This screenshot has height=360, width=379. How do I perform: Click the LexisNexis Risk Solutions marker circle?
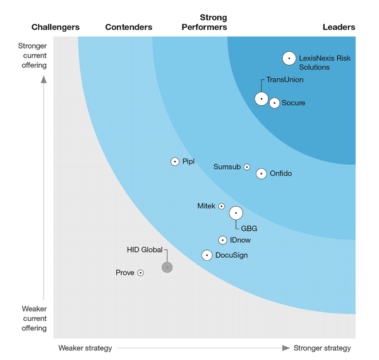coord(289,58)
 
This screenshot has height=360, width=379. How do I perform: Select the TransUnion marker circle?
coord(262,99)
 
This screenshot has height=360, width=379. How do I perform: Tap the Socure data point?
coord(274,103)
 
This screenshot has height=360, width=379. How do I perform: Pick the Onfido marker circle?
coord(262,174)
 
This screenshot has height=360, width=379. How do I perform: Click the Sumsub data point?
coord(247,167)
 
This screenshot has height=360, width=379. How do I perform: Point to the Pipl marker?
coord(175,162)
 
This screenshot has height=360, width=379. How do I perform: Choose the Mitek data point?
coord(221,207)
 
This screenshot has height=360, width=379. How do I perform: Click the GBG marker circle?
coord(236,213)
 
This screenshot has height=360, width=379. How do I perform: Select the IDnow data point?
coord(222,240)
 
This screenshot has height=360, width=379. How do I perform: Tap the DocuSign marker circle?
coord(207,255)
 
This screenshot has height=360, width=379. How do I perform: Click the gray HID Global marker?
coord(167,267)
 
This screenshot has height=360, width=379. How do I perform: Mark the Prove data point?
coord(140,273)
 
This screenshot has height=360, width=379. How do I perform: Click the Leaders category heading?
coord(339,27)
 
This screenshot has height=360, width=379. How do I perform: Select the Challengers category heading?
coord(56,27)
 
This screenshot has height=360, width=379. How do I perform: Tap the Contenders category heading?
coord(129,27)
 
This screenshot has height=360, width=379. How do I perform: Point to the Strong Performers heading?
coord(204,22)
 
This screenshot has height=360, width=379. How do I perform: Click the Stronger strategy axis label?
coord(322,348)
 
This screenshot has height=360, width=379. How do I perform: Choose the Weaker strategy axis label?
coord(85,348)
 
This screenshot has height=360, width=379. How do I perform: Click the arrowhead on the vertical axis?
coord(44,80)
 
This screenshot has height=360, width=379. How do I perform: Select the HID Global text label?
coord(145,250)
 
